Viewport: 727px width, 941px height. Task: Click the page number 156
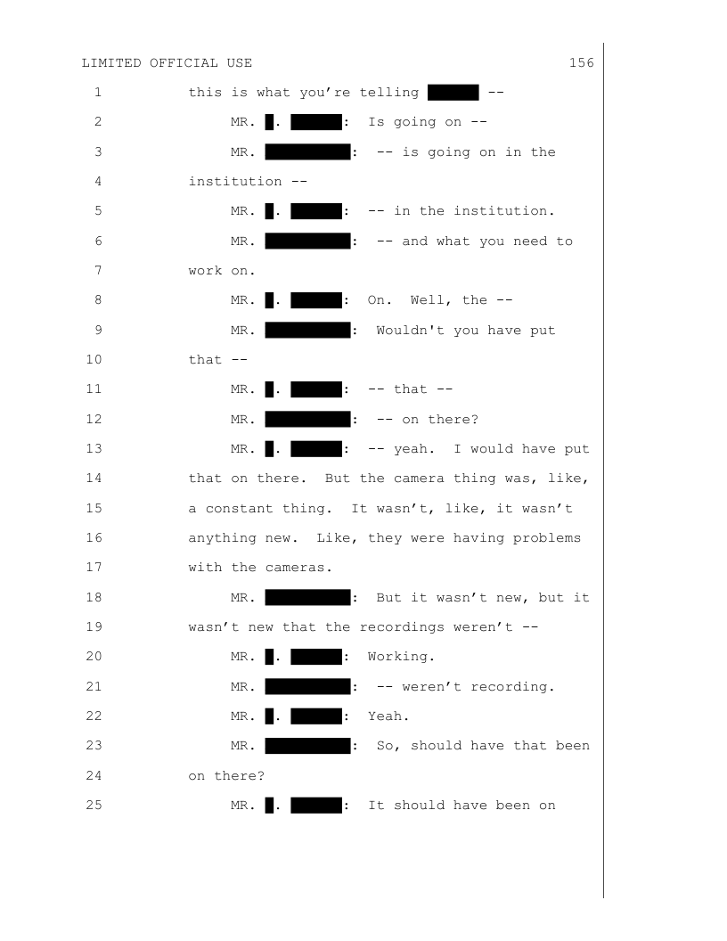pyautogui.click(x=581, y=63)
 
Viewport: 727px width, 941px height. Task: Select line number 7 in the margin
pyautogui.click(x=97, y=271)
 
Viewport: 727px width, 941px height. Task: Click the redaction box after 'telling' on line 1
pyautogui.click(x=453, y=93)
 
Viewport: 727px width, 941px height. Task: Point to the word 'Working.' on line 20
pyautogui.click(x=402, y=657)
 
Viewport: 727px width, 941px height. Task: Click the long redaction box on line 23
pyautogui.click(x=307, y=746)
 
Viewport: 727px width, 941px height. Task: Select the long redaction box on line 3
pyautogui.click(x=307, y=152)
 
